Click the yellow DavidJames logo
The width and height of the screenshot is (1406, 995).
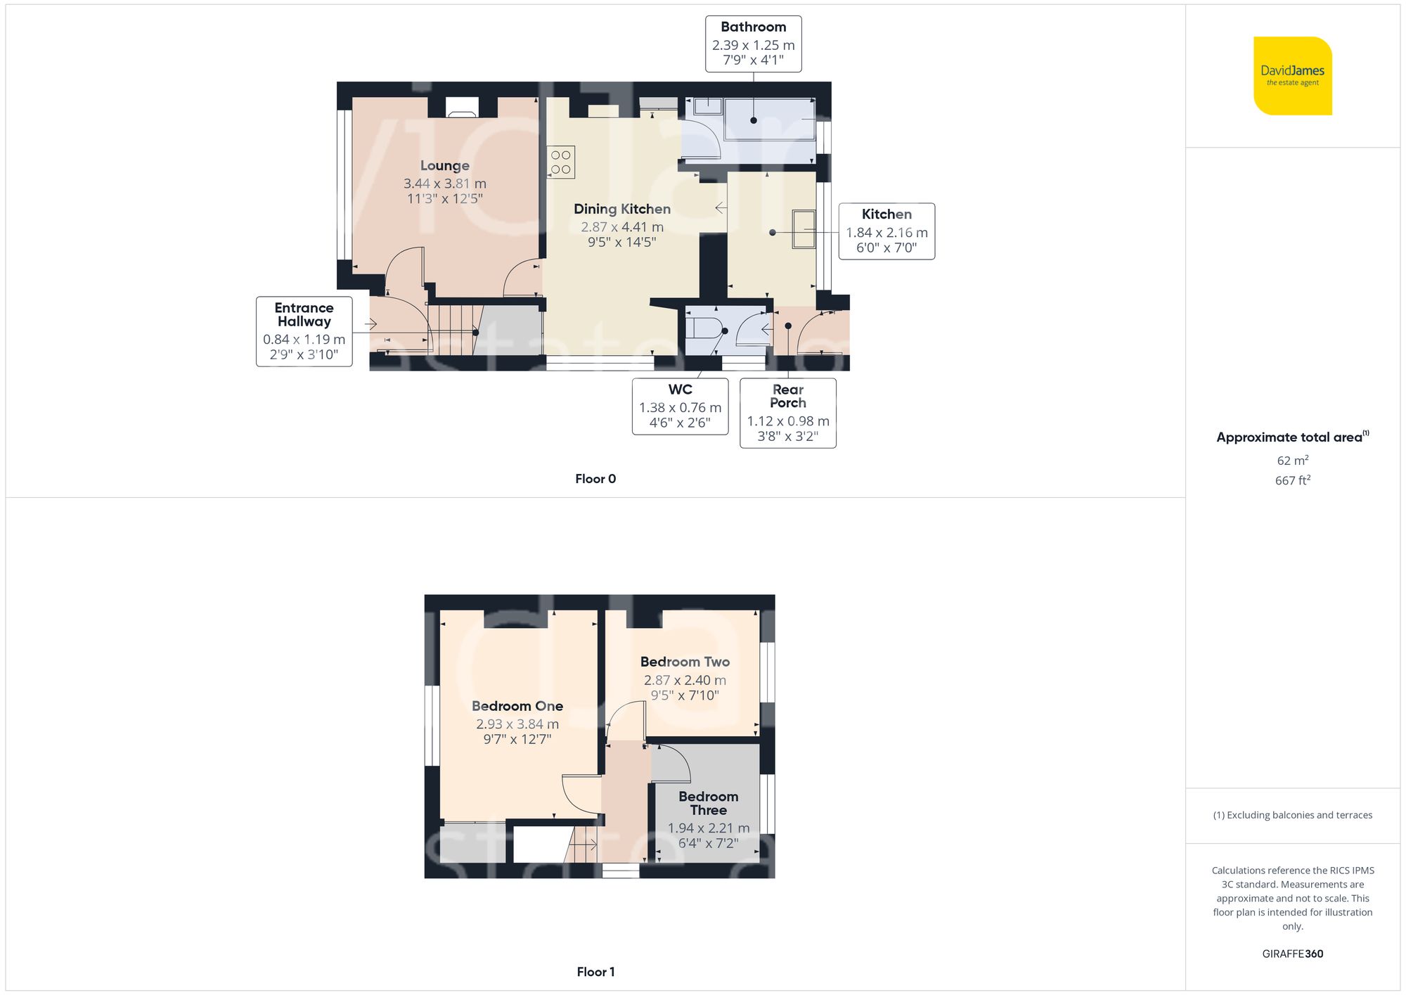tap(1292, 76)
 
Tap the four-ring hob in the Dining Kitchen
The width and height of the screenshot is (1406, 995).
tap(561, 162)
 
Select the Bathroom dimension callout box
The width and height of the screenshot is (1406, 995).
tap(753, 44)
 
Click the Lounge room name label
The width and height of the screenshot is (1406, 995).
tap(444, 166)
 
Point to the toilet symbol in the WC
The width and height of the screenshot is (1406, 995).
tap(704, 329)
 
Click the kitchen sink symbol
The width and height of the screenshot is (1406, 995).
tap(804, 229)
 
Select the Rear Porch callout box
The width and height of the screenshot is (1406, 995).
tap(787, 413)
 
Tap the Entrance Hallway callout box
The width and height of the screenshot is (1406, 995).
tap(304, 331)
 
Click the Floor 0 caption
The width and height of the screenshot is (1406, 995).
tap(595, 479)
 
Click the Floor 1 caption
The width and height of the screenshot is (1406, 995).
tap(595, 972)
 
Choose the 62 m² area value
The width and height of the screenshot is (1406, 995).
tap(1292, 461)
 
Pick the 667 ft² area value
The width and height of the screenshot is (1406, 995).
tap(1292, 480)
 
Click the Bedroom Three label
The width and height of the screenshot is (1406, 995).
tap(708, 803)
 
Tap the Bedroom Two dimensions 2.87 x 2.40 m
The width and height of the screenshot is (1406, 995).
tap(685, 680)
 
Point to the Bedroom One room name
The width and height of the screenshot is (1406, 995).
tap(517, 706)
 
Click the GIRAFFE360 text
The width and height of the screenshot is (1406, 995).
tap(1292, 954)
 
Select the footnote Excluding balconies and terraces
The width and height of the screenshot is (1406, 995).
tap(1292, 815)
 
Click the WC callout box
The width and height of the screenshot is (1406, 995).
tap(680, 406)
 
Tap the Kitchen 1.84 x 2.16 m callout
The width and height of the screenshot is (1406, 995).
tap(886, 231)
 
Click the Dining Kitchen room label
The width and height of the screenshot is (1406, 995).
tap(621, 209)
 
